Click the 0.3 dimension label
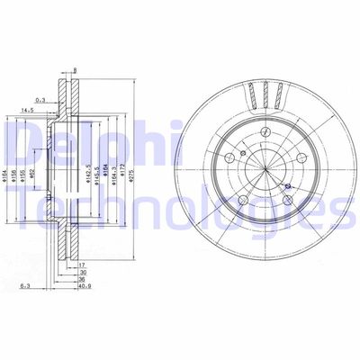point(40,101)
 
